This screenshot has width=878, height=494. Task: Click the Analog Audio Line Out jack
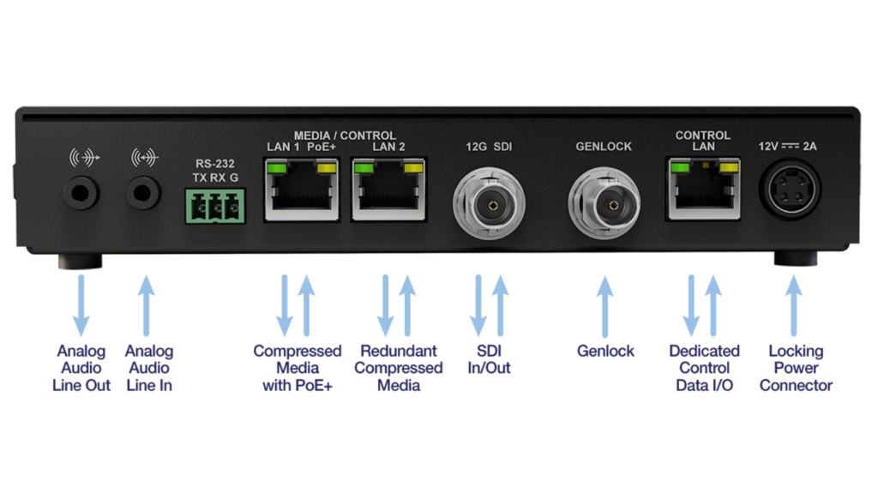81,193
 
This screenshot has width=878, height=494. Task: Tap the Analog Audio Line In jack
143,193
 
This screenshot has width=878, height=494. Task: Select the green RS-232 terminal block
215,206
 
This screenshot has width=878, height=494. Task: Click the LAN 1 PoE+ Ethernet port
302,190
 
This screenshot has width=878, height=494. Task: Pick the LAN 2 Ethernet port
388,190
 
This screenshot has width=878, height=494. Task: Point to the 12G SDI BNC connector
490,204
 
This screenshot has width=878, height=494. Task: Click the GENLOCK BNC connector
604,204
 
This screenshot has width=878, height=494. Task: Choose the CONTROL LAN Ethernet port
703,189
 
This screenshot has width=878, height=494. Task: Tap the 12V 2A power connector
790,190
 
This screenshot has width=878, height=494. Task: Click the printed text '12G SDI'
489,147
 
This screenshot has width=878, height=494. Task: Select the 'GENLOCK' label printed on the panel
604,147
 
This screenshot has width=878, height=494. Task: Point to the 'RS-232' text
215,164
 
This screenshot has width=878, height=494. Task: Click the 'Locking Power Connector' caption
796,368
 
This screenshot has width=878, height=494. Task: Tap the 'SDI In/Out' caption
489,359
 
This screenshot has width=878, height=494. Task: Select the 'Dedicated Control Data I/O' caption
705,368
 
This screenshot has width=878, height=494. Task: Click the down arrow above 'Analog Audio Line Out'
81,305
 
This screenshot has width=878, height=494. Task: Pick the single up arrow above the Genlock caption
604,306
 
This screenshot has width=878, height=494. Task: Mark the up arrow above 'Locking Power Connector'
793,305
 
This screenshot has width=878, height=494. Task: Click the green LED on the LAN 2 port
364,168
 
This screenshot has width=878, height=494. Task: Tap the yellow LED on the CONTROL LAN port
729,167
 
